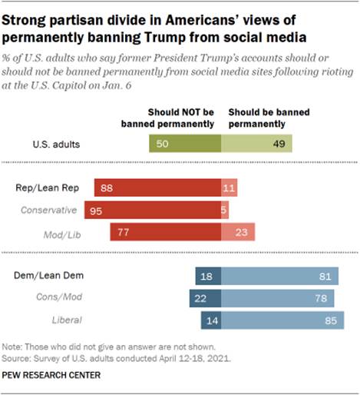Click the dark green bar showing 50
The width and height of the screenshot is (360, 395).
(184, 144)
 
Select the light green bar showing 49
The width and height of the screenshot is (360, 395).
(256, 144)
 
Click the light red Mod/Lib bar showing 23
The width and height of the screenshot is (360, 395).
(238, 232)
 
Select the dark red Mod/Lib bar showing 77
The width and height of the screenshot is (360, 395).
(166, 232)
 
